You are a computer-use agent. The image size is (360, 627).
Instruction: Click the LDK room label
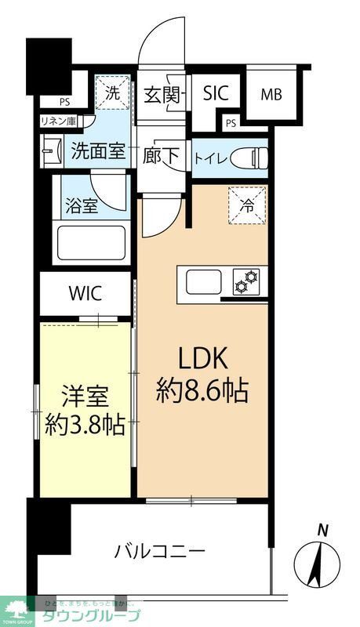202,358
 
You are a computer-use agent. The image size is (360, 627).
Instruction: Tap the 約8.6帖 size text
202,390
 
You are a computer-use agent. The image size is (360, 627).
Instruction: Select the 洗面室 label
97,150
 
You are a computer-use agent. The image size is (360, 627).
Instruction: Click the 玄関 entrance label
162,96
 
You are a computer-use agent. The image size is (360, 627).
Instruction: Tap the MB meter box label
271,96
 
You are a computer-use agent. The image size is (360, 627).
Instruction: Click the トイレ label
211,158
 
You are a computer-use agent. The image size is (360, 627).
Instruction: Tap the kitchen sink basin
202,281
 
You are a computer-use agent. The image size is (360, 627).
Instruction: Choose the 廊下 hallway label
162,155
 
